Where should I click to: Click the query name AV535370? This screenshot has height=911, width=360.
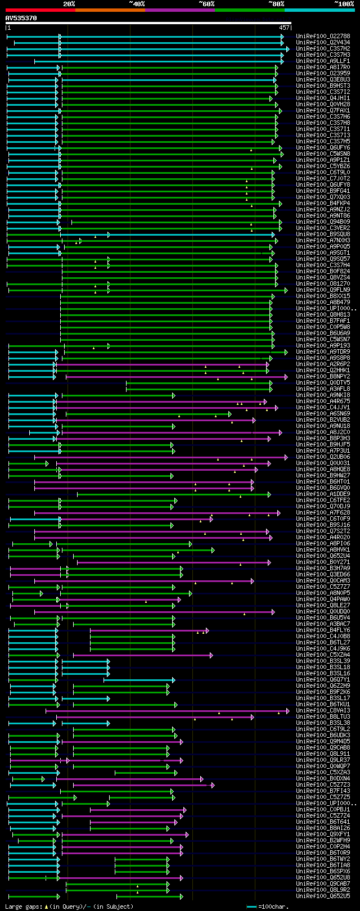point(21,18)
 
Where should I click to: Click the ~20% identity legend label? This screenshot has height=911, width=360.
point(69,4)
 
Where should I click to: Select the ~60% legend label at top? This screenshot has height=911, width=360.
point(206,4)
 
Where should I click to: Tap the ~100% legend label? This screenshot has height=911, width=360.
point(344,4)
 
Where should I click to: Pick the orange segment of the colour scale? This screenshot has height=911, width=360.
point(110,10)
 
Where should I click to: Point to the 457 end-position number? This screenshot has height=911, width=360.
point(284,28)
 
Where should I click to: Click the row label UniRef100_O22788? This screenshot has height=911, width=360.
point(323,37)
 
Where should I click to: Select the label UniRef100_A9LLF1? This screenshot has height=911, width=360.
point(323,61)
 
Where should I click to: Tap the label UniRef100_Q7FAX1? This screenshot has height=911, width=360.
point(323,111)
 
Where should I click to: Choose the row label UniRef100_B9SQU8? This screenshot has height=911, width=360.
point(323,234)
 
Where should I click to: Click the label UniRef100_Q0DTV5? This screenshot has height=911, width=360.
point(323,383)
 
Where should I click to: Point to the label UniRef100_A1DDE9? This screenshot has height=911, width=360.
point(323,494)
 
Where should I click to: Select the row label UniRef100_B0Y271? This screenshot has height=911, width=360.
point(323,562)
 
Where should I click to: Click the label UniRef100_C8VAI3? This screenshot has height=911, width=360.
point(323,711)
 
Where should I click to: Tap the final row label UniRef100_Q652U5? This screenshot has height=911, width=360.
point(323,896)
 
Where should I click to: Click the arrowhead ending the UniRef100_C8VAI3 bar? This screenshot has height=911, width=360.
point(288,711)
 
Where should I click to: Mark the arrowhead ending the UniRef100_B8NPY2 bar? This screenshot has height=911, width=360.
point(286,377)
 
